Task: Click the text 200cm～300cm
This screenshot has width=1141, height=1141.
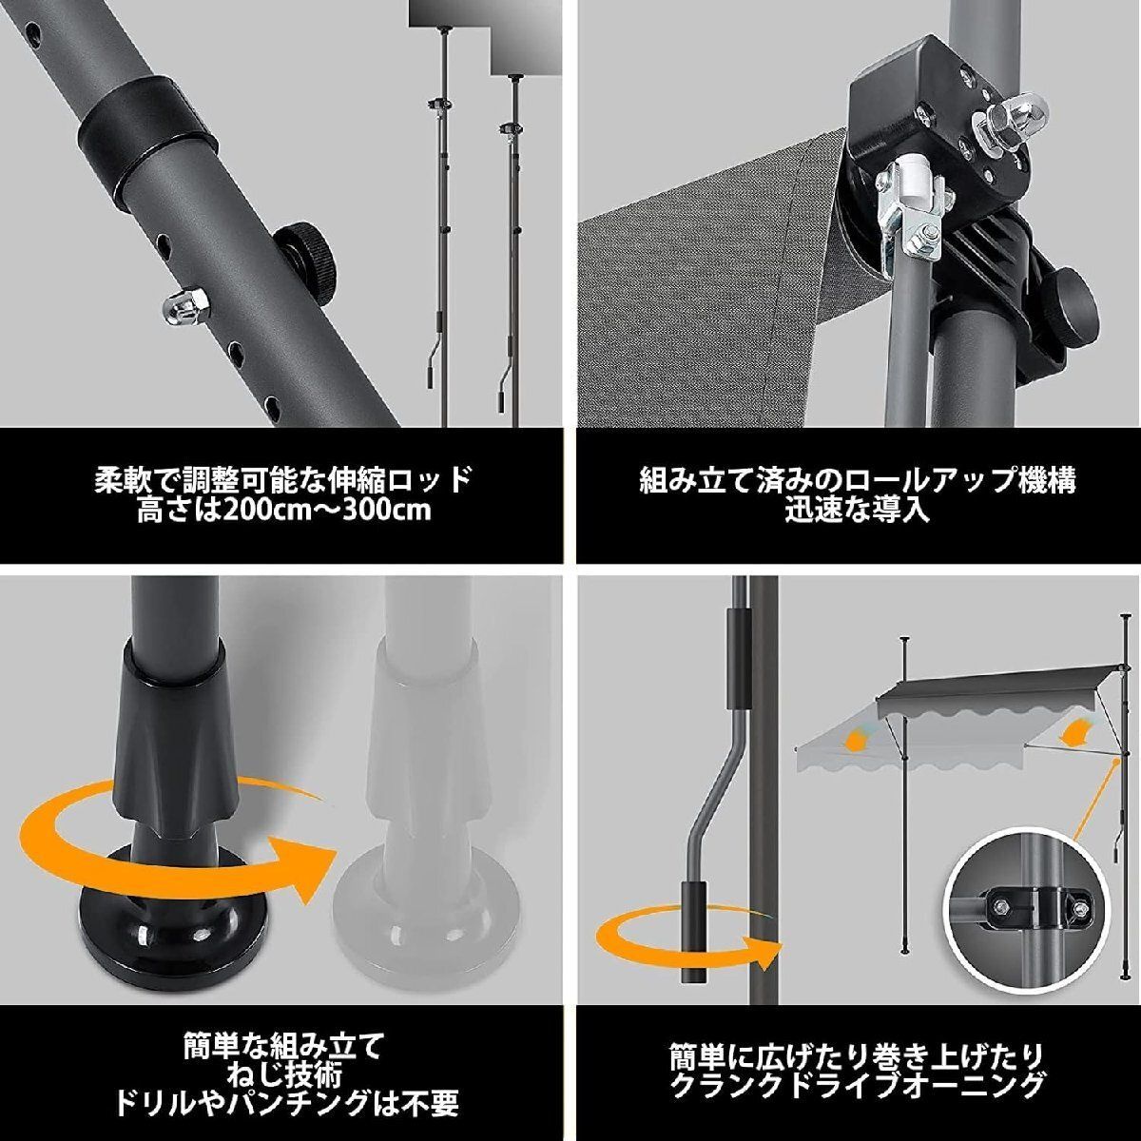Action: click(x=325, y=512)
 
